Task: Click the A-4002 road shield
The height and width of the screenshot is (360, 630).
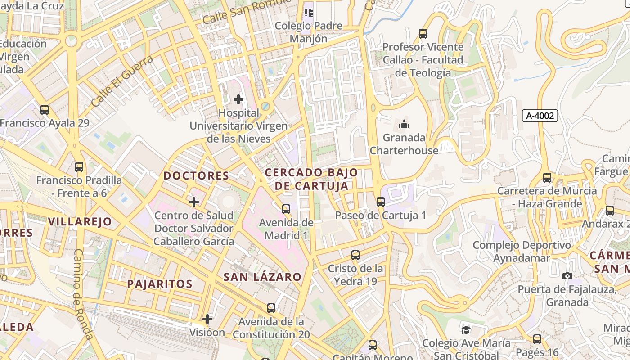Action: pyautogui.click(x=540, y=116)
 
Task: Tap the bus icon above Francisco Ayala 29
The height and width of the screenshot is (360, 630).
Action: pyautogui.click(x=45, y=109)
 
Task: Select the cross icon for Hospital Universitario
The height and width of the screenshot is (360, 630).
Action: pyautogui.click(x=238, y=99)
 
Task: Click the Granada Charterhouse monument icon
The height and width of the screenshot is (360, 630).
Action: pyautogui.click(x=404, y=124)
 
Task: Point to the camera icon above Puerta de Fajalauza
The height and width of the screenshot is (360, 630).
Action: pyautogui.click(x=567, y=276)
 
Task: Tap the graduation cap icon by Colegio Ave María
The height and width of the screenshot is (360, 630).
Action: pyautogui.click(x=466, y=330)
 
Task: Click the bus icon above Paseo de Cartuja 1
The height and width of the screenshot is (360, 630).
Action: pyautogui.click(x=381, y=202)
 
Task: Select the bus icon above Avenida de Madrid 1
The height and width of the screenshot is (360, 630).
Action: pyautogui.click(x=286, y=209)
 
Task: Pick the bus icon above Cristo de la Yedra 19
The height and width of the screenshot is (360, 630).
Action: pyautogui.click(x=355, y=255)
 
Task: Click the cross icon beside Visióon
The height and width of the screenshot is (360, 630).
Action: pyautogui.click(x=207, y=319)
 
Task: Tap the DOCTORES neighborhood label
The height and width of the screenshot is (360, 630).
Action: pyautogui.click(x=196, y=175)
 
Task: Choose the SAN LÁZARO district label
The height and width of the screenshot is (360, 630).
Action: pyautogui.click(x=262, y=277)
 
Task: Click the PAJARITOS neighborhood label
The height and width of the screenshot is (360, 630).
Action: pyautogui.click(x=160, y=284)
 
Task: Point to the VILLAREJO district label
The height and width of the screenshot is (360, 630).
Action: pyautogui.click(x=80, y=221)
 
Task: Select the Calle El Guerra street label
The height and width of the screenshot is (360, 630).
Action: pyautogui.click(x=122, y=81)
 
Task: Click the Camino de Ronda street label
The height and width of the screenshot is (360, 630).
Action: pyautogui.click(x=83, y=295)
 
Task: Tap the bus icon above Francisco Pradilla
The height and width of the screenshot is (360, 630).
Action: pyautogui.click(x=79, y=167)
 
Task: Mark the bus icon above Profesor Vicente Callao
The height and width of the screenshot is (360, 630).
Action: pyautogui.click(x=423, y=33)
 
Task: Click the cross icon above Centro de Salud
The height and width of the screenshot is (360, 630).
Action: pyautogui.click(x=194, y=202)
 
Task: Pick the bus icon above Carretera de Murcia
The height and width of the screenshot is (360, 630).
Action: pyautogui.click(x=547, y=177)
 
